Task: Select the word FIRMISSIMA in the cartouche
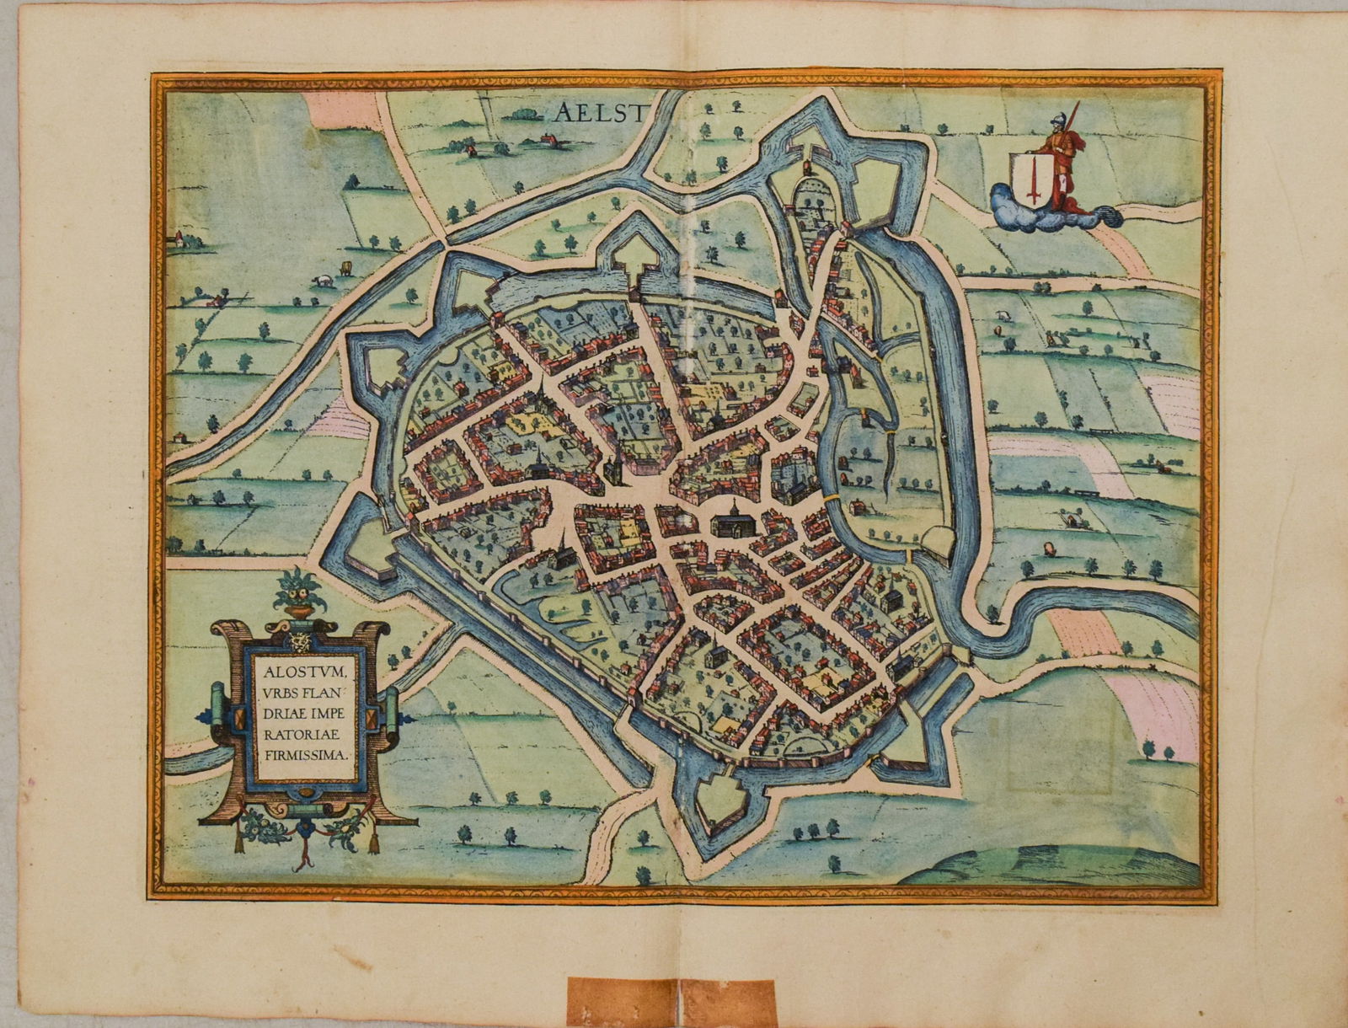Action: click(305, 755)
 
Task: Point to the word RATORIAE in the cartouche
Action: click(302, 735)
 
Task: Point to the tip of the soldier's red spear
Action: click(1077, 104)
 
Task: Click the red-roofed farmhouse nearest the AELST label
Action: click(548, 141)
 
